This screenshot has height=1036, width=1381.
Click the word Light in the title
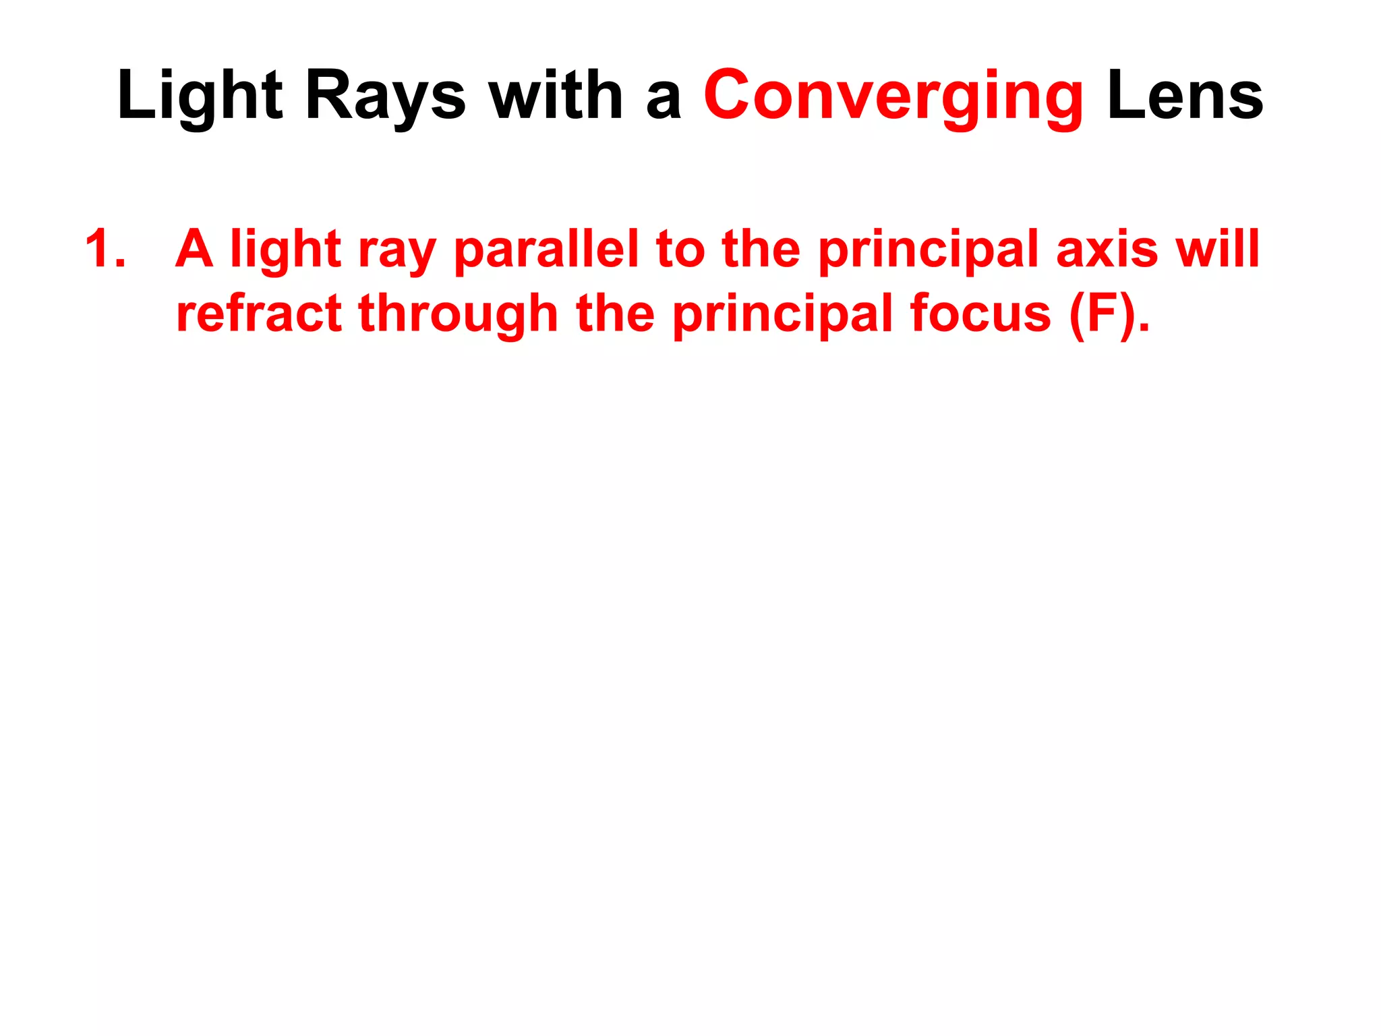pyautogui.click(x=200, y=96)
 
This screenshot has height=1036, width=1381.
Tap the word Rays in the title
pyautogui.click(x=385, y=96)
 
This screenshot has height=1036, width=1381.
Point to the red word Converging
pyautogui.click(x=893, y=96)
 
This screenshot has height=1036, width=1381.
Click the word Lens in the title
pyautogui.click(x=1185, y=96)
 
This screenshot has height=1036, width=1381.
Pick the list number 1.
pyautogui.click(x=105, y=249)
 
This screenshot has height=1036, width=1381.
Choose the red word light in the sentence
pyautogui.click(x=286, y=249)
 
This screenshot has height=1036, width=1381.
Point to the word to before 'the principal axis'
pyautogui.click(x=680, y=249)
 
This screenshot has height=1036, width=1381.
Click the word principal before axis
pyautogui.click(x=929, y=249)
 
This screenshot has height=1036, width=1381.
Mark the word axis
pyautogui.click(x=1107, y=249)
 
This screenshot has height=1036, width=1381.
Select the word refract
pyautogui.click(x=259, y=314)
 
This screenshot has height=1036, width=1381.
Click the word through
pyautogui.click(x=459, y=314)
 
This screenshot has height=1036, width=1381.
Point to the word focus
pyautogui.click(x=980, y=314)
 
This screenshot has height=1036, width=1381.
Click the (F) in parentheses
pyautogui.click(x=1102, y=314)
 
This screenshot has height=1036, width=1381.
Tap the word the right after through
pyautogui.click(x=615, y=314)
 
